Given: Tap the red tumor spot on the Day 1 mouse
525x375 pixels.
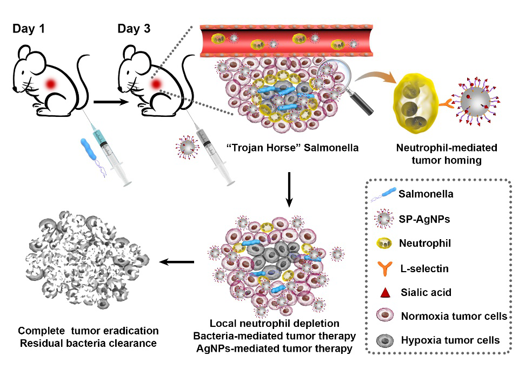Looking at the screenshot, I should (x=52, y=84).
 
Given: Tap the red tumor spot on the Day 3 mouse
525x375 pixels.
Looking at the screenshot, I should (x=156, y=84).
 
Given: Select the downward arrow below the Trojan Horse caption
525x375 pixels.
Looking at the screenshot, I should (x=290, y=189).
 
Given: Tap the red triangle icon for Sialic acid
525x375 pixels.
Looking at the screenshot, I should (x=385, y=293).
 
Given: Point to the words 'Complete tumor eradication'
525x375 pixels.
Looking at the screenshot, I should (x=88, y=330).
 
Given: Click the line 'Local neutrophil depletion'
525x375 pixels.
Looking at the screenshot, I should (x=274, y=324).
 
